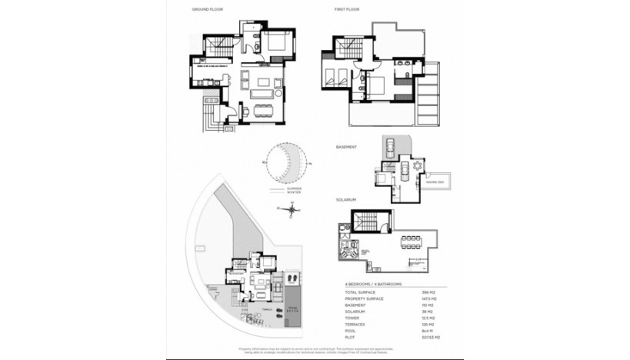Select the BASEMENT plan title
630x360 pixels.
tap(347, 145)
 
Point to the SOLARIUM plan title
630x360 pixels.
tap(347, 199)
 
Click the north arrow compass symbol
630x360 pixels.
tap(275, 208)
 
